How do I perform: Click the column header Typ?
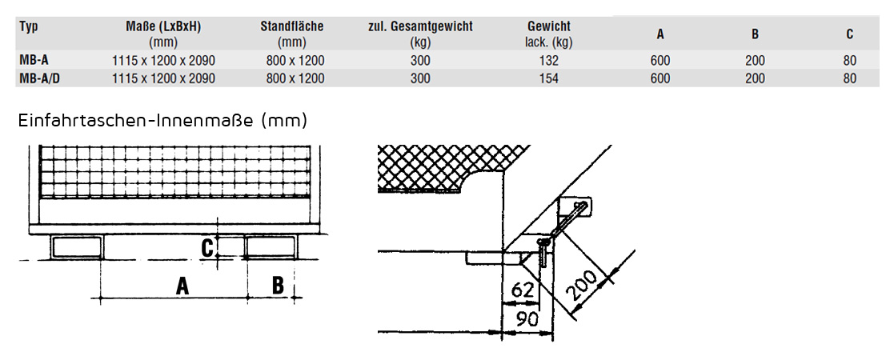[29, 26]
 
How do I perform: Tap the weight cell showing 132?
[548, 60]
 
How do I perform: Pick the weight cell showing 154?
[548, 78]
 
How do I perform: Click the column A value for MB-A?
[660, 60]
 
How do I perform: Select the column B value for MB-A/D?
[755, 78]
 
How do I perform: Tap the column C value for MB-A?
[849, 60]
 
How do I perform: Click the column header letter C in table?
[849, 34]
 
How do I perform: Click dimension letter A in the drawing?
[183, 285]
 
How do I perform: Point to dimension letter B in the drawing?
[278, 285]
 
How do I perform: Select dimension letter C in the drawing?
[207, 248]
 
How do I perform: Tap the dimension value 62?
[523, 289]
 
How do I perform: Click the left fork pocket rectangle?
[78, 247]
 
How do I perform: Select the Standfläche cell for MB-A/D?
[295, 78]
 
